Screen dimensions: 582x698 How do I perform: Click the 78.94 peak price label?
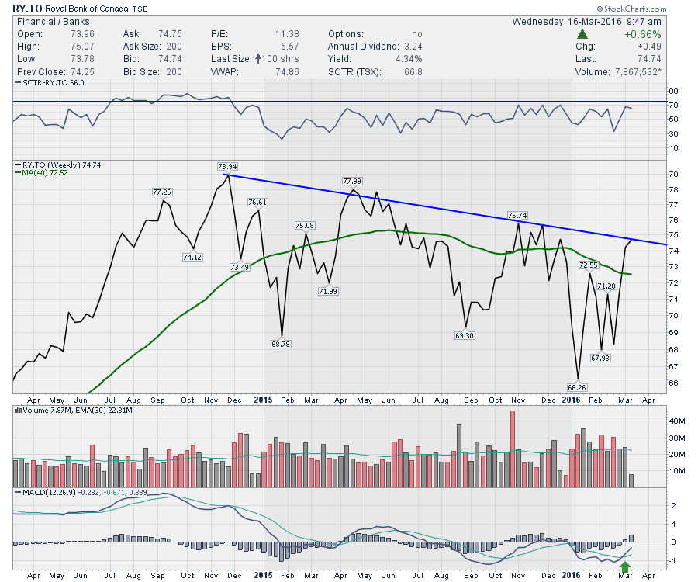(227, 166)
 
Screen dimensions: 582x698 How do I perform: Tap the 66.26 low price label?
(578, 386)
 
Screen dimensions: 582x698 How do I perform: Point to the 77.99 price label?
(353, 181)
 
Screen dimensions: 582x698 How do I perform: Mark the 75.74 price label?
(518, 214)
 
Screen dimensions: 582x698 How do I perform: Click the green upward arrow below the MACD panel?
(626, 568)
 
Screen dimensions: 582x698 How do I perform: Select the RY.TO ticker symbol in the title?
(27, 7)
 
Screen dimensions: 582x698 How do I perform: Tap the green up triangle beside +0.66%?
(582, 34)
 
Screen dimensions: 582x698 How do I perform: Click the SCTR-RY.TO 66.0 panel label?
(51, 81)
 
